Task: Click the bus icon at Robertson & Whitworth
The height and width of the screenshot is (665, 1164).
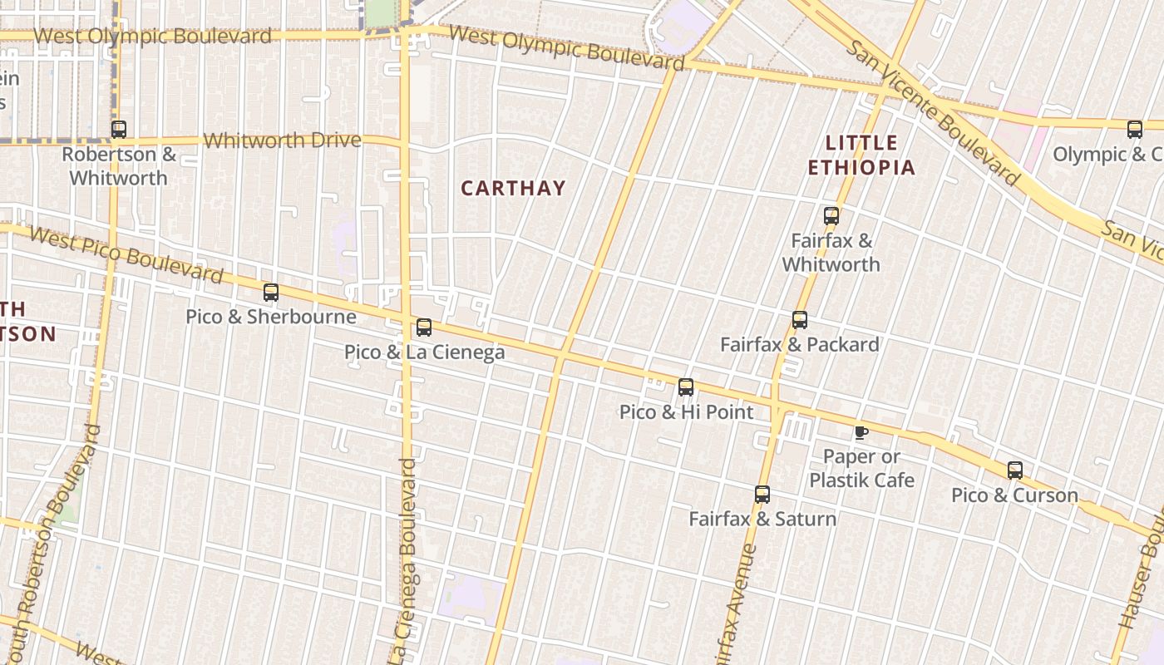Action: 119,130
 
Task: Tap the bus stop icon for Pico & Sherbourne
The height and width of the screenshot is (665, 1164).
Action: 271,293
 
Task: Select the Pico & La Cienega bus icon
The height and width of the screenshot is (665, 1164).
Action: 424,328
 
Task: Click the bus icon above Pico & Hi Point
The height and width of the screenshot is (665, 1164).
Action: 686,387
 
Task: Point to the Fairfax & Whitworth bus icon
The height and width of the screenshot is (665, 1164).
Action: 831,217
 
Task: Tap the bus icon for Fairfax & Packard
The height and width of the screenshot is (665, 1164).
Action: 800,320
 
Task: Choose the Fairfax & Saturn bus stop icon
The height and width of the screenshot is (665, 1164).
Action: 762,495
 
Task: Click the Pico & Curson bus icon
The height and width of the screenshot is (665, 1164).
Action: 1015,470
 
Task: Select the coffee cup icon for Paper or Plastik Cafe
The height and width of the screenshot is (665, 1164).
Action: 861,432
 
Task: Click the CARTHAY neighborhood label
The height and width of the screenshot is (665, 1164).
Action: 513,189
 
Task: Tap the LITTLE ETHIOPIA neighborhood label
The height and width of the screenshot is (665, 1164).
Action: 861,155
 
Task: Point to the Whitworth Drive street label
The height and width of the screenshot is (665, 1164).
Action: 282,140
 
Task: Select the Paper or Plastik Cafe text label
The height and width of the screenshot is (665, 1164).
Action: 861,469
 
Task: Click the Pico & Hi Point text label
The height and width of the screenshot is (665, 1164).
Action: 686,412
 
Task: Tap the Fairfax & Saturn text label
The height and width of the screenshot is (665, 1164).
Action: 762,520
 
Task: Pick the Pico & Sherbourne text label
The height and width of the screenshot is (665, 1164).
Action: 271,317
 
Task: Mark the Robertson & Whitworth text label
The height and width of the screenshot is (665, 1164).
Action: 119,166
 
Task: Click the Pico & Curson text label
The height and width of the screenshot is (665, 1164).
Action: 1015,495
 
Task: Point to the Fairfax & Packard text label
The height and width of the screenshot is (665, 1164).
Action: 800,345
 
